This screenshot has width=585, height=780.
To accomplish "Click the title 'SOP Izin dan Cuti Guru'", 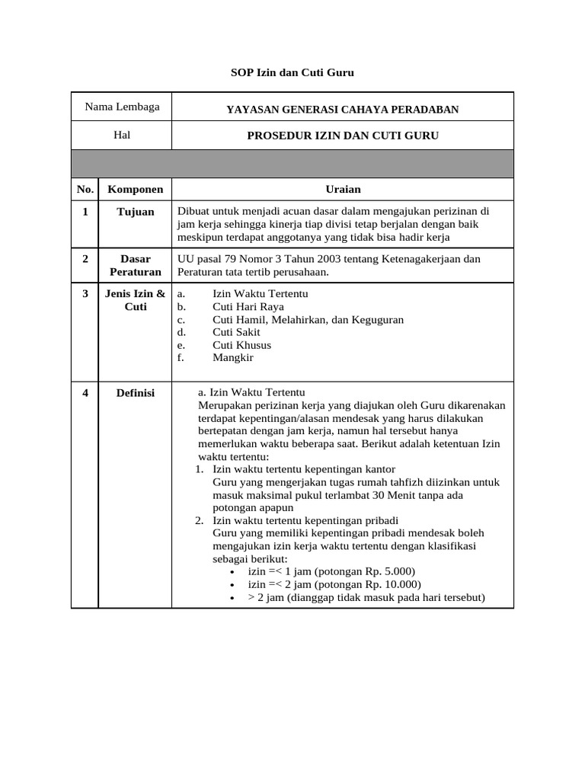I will tap(292, 73).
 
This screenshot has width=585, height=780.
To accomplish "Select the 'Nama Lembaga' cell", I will tap(122, 107).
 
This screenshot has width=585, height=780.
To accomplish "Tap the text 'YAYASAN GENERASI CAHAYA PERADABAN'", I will tap(342, 110).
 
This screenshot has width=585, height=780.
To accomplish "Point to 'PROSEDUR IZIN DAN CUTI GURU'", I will tap(343, 136).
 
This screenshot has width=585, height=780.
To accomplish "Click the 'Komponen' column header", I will tap(135, 189).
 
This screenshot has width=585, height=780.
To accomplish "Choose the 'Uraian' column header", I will tap(343, 189).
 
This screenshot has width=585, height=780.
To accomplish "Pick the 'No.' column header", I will tap(85, 189).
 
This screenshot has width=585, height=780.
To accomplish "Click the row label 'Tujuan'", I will tap(135, 212).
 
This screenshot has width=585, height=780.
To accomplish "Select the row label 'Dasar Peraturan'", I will tap(135, 265).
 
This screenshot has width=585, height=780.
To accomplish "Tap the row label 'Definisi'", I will tap(135, 393).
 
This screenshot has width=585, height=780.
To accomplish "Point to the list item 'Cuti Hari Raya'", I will tap(248, 307).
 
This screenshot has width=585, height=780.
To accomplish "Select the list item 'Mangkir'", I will tap(232, 357).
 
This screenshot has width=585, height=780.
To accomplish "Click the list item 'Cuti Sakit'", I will tap(236, 332).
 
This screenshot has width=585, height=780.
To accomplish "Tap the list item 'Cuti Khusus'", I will tap(241, 345).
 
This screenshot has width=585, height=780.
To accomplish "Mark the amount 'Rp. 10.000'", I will tap(392, 585).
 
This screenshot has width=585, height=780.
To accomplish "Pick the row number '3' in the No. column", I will tap(85, 294).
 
